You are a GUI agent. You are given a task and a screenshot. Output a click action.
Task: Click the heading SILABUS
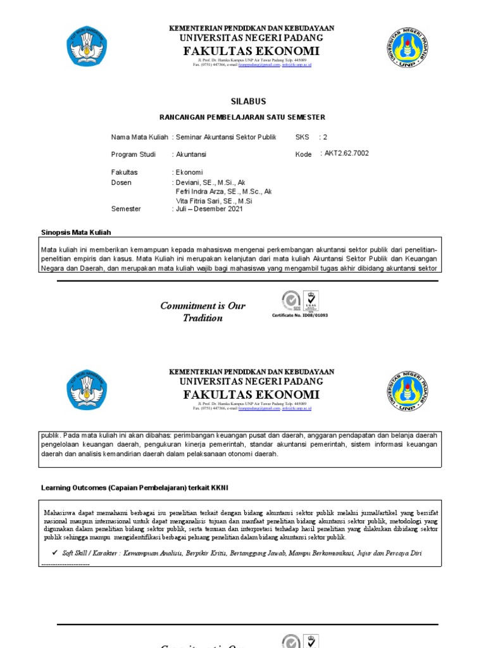click(x=248, y=101)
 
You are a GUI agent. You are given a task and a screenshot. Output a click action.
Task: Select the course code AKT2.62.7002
click(x=347, y=153)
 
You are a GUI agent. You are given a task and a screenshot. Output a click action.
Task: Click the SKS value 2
click(x=325, y=137)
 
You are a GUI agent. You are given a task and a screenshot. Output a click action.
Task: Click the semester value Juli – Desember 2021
click(x=209, y=209)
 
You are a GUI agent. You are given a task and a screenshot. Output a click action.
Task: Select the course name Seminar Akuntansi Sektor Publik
click(x=226, y=137)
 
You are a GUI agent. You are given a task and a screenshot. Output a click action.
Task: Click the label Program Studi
click(x=133, y=154)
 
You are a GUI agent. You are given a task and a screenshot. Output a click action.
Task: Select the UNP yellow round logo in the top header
click(x=407, y=47)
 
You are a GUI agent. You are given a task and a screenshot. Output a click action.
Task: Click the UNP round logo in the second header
click(x=407, y=390)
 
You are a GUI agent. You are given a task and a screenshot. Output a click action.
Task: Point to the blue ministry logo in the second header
click(x=87, y=389)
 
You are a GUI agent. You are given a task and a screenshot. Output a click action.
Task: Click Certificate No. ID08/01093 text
click(x=300, y=315)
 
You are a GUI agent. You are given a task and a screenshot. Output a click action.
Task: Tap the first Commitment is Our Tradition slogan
click(x=202, y=312)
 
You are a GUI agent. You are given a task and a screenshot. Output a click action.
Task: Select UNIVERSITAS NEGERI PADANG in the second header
click(x=251, y=382)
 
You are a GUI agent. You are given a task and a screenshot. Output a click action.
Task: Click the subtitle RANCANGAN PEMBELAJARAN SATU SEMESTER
click(x=242, y=118)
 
